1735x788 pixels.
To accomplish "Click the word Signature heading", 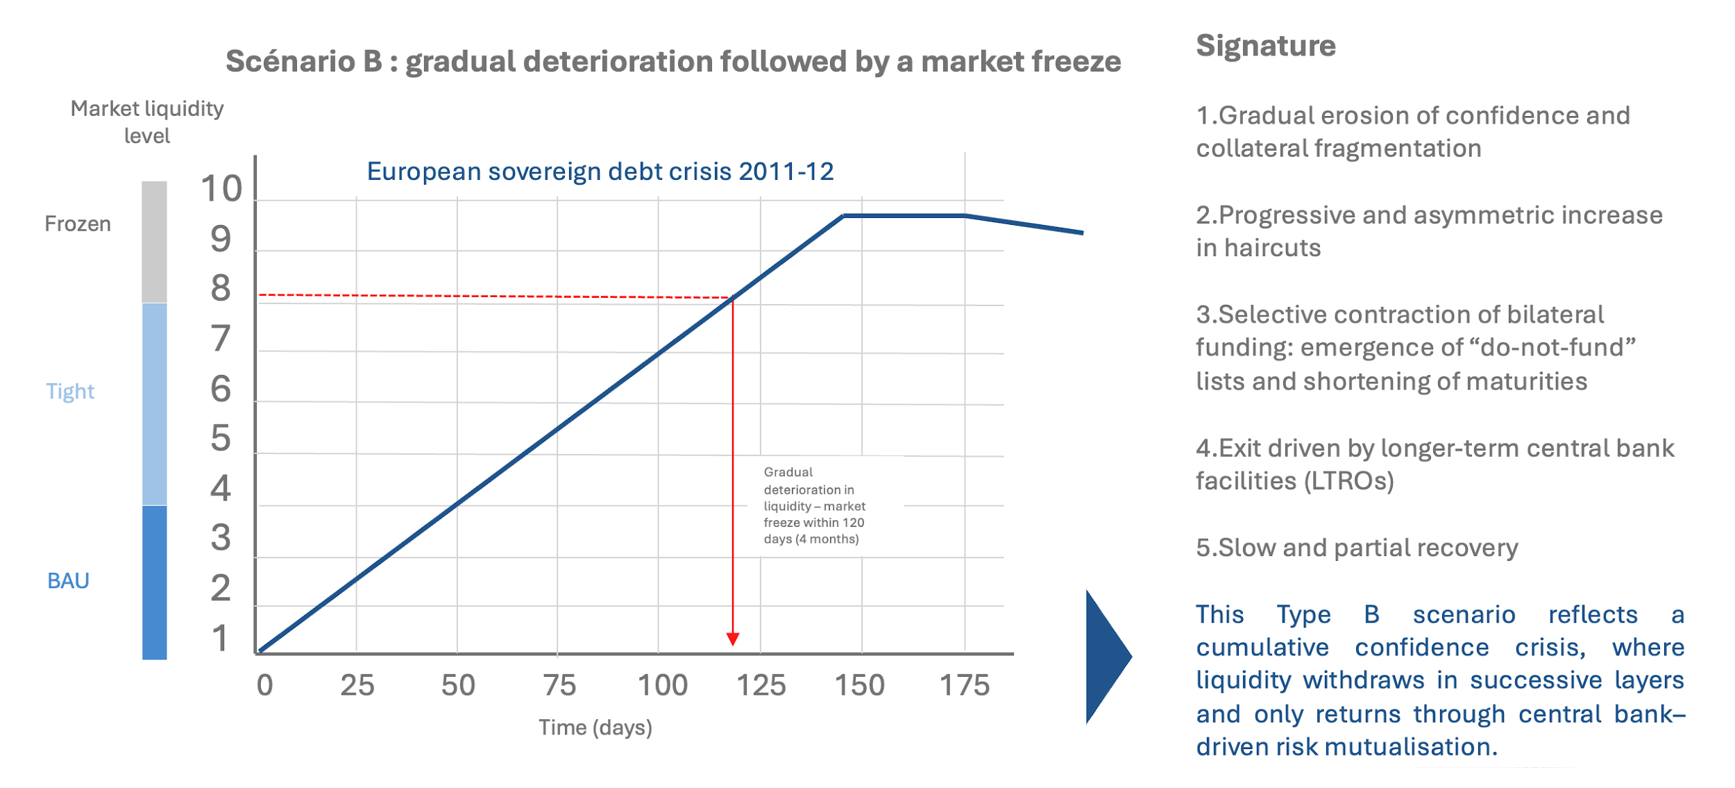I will coord(1265,46).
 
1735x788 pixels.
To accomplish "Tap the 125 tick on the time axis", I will coord(761,686).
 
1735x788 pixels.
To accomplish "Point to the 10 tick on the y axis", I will coord(221,189).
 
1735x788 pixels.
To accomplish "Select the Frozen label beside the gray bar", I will coord(78,224).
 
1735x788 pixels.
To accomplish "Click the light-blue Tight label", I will coord(70,392).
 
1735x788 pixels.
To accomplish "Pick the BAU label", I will coord(68,581).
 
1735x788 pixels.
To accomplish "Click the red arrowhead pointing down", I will coord(732,639).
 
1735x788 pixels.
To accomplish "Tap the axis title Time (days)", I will coord(595,728).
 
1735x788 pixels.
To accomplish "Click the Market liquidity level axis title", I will coord(147,122).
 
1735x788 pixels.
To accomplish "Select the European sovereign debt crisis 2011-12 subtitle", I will coord(600,171).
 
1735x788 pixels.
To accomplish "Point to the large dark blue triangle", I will coord(1106,656).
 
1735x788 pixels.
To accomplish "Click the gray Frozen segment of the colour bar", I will coord(154,242).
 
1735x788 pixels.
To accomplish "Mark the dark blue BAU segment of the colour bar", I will coord(154,582).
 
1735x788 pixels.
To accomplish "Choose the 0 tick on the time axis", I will coord(264,686).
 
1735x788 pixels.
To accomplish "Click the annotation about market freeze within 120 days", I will coord(814,505).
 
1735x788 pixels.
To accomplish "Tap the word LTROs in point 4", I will coord(1349,481).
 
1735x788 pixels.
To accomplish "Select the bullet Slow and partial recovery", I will coord(1357,548).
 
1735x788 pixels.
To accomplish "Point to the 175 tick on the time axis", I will coord(964,686).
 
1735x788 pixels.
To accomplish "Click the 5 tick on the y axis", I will coord(221,438).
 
